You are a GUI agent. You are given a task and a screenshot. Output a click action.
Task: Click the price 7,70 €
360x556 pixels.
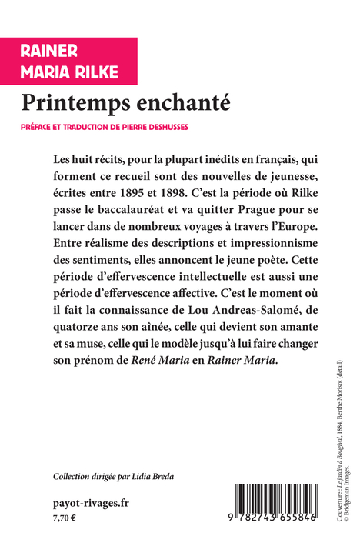65,520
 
